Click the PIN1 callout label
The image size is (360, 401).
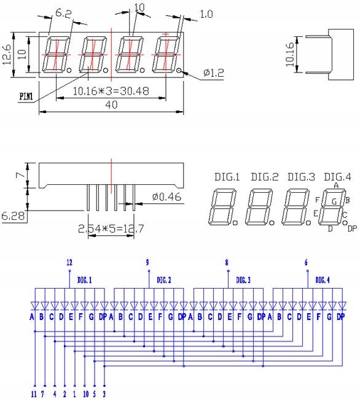[x=26, y=96]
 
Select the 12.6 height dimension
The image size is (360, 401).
[x=7, y=55]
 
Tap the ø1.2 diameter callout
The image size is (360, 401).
[x=213, y=73]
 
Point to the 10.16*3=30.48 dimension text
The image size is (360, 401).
[x=111, y=91]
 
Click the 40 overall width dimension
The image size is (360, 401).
[x=111, y=104]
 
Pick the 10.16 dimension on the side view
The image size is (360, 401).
[x=289, y=55]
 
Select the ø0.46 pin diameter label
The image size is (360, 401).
[x=166, y=197]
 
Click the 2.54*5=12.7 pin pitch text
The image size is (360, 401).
[x=111, y=228]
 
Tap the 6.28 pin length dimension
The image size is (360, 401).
[x=13, y=216]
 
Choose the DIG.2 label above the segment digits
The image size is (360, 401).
[x=264, y=177]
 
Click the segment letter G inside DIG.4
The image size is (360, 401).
[x=334, y=201]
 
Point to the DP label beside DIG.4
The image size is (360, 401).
[x=352, y=228]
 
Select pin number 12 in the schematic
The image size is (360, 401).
[x=69, y=262]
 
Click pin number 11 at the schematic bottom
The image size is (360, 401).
[x=34, y=394]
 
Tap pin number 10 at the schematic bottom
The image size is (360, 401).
[x=86, y=394]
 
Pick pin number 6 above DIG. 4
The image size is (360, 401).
[x=306, y=262]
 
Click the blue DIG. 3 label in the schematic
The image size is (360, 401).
[x=243, y=280]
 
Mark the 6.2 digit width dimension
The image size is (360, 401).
[x=63, y=13]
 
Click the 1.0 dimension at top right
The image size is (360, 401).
[x=206, y=14]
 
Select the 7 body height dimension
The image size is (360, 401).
[x=20, y=175]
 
